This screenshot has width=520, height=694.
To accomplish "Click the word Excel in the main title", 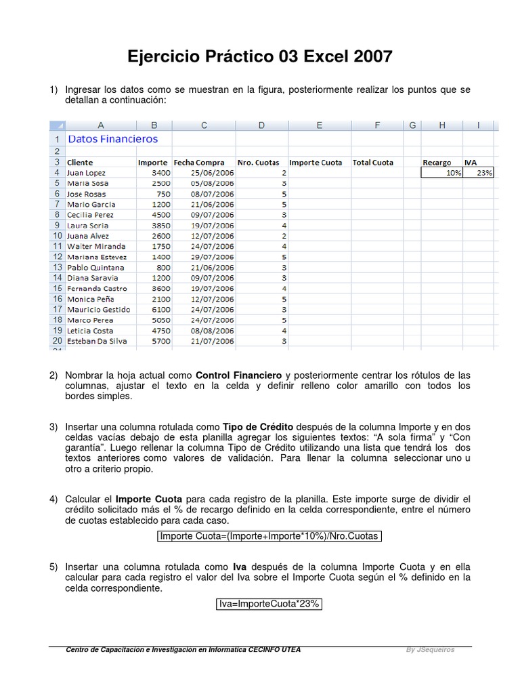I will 328,57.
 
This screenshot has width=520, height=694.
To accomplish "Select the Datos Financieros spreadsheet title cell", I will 113,139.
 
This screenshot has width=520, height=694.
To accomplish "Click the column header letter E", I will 319,125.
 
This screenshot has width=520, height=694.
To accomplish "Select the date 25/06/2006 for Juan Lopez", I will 204,173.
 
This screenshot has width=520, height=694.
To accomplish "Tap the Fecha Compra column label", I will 200,163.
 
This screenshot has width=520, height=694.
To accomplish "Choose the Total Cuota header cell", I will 373,163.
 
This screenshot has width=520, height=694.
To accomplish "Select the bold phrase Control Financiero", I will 238,375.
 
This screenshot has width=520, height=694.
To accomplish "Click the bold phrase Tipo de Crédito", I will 257,428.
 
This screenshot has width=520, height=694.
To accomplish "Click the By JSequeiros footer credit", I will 430,649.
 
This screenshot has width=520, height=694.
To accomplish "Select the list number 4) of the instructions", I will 53,499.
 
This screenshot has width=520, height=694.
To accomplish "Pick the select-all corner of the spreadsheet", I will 58,125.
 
